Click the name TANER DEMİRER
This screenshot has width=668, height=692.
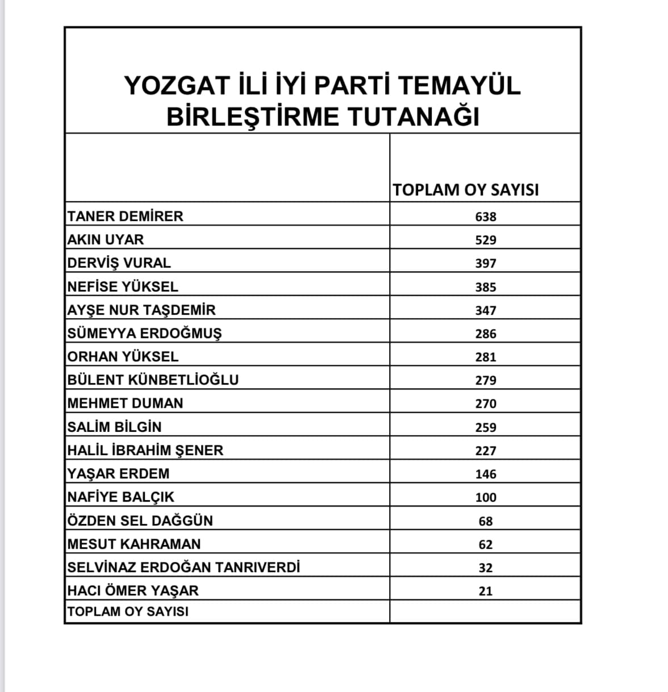pyautogui.click(x=125, y=216)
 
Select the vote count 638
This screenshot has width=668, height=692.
pyautogui.click(x=486, y=217)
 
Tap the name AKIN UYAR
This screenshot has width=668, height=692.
pyautogui.click(x=106, y=240)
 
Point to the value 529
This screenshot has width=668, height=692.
pyautogui.click(x=486, y=240)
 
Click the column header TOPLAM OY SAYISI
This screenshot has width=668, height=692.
pyautogui.click(x=466, y=190)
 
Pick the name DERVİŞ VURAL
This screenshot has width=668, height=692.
pyautogui.click(x=119, y=263)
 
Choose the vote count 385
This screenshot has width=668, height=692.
pyautogui.click(x=486, y=287)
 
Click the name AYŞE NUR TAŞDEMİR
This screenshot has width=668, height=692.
pyautogui.click(x=141, y=310)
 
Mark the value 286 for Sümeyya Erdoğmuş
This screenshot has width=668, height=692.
pyautogui.click(x=486, y=334)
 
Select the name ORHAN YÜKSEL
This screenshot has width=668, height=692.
pyautogui.click(x=123, y=357)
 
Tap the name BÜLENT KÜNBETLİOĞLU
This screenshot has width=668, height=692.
pyautogui.click(x=153, y=380)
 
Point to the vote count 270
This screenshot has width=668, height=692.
pyautogui.click(x=486, y=404)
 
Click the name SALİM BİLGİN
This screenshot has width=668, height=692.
pyautogui.click(x=114, y=427)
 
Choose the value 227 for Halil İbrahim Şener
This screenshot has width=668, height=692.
pyautogui.click(x=486, y=451)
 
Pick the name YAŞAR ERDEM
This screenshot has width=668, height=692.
pyautogui.click(x=118, y=474)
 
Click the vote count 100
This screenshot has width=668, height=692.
pyautogui.click(x=486, y=498)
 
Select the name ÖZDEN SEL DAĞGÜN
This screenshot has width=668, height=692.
pyautogui.click(x=140, y=521)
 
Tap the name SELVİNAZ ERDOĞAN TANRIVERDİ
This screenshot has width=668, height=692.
pyautogui.click(x=183, y=568)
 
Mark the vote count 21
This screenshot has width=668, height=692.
pyautogui.click(x=486, y=591)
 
